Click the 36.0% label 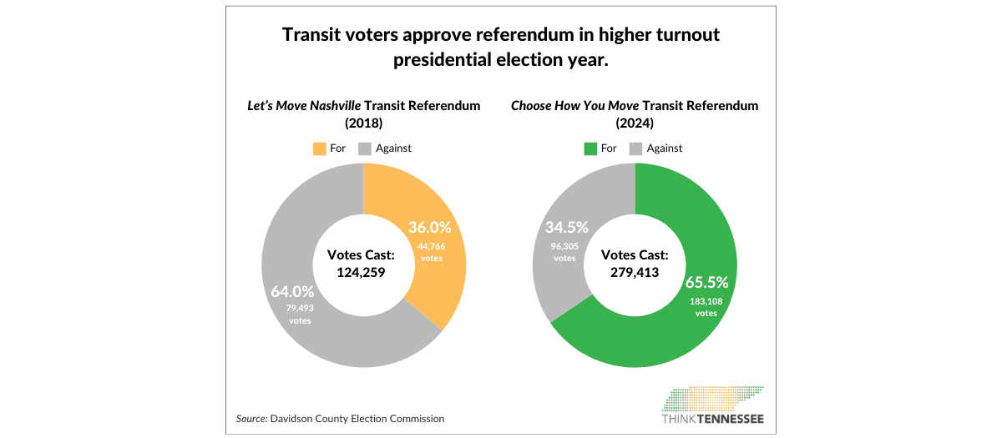429,227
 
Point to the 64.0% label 292,292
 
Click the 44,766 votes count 431,251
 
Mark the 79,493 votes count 299,314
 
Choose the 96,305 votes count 564,252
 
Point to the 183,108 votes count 706,307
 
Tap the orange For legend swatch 319,149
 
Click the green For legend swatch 590,149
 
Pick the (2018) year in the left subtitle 363,123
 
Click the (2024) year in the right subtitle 634,123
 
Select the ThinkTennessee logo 712,405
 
